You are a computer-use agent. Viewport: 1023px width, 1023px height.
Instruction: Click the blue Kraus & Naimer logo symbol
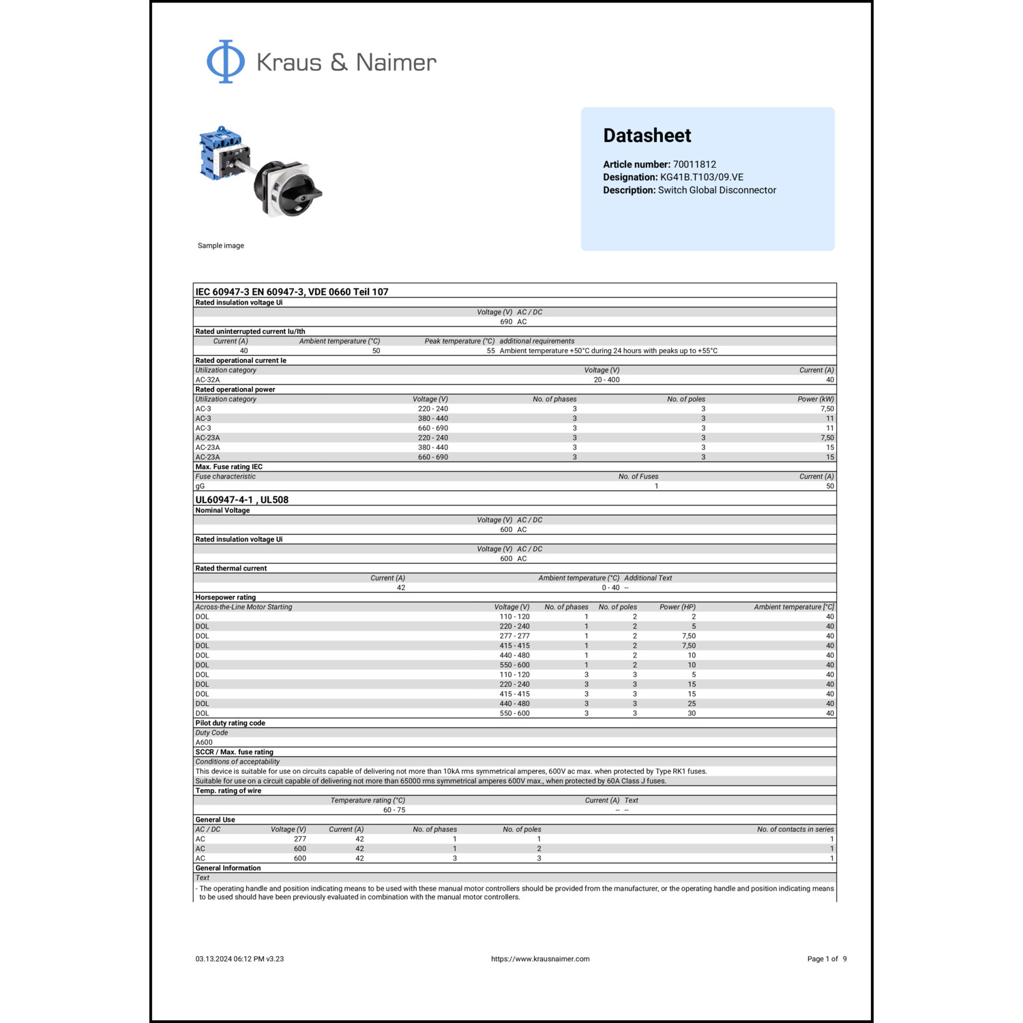(226, 61)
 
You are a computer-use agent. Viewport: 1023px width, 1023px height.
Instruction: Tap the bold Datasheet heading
(647, 136)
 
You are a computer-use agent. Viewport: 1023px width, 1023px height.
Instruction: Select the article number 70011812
(694, 164)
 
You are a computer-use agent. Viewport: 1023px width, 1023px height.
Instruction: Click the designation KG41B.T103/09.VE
(701, 177)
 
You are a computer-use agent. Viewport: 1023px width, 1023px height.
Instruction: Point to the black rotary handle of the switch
(299, 194)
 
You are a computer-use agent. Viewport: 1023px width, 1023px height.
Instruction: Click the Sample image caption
(220, 246)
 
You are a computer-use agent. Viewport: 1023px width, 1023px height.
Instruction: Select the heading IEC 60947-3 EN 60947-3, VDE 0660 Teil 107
(292, 292)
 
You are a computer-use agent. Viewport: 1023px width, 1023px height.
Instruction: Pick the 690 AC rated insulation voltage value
(513, 322)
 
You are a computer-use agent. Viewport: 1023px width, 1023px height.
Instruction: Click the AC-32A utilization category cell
(207, 380)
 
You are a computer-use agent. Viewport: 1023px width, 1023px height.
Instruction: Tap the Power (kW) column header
(816, 400)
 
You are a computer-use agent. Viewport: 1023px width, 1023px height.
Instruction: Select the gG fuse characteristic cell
(200, 486)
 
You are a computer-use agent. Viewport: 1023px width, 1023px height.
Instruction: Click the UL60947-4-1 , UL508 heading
(241, 500)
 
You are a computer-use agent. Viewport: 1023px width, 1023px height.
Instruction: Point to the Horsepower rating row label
(225, 597)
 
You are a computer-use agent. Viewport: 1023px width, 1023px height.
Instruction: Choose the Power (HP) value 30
(692, 713)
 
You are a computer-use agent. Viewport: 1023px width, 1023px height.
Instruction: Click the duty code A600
(204, 743)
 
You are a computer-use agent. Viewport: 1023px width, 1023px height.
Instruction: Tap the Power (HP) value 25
(692, 704)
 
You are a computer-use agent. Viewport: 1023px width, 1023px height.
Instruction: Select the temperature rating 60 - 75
(394, 810)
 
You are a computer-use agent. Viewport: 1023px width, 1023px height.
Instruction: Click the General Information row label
(228, 868)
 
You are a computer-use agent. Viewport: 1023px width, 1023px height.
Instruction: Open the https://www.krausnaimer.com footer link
(540, 959)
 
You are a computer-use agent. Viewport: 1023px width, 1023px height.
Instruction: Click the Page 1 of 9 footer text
(827, 959)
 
